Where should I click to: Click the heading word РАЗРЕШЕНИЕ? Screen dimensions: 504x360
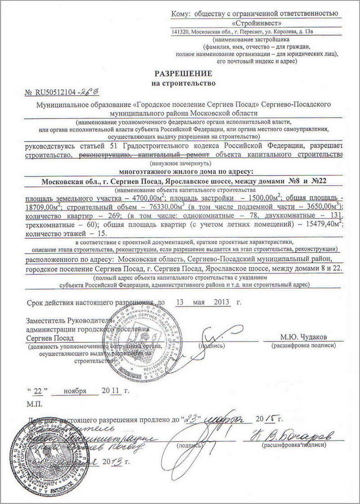(x=183, y=73)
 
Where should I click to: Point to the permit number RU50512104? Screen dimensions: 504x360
(x=56, y=93)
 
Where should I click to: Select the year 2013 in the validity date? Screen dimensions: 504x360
(x=220, y=302)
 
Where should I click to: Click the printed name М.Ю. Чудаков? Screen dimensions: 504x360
(x=304, y=337)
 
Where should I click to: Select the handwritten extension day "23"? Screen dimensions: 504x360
(x=190, y=418)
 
